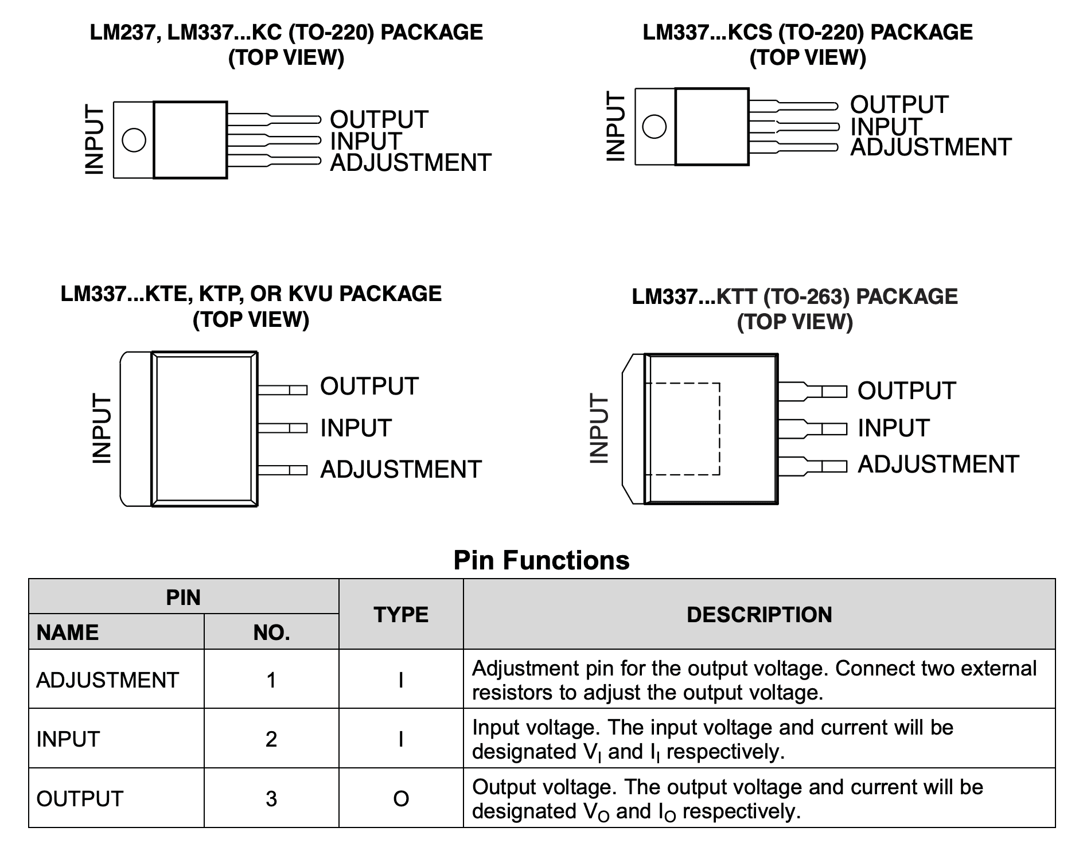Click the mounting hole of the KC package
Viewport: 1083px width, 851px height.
(x=134, y=140)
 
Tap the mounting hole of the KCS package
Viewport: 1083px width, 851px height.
(x=655, y=126)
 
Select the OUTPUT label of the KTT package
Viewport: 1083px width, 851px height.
(x=906, y=391)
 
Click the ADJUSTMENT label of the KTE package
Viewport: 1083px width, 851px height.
(x=400, y=470)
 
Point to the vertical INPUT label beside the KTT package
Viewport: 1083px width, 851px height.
(x=599, y=428)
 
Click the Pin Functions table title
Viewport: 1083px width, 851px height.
(x=541, y=560)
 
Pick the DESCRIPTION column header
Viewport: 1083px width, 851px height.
(x=759, y=615)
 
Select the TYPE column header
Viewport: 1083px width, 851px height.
(x=401, y=615)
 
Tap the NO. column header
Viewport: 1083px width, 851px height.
(x=271, y=633)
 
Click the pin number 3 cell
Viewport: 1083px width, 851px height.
(x=271, y=798)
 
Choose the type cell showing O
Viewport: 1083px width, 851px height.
(x=401, y=798)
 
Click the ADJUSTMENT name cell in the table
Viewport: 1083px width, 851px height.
(x=108, y=680)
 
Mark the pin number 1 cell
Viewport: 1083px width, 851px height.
(x=271, y=680)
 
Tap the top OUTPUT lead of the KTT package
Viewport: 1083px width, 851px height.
(x=812, y=392)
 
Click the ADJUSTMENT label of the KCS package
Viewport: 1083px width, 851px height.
(x=930, y=148)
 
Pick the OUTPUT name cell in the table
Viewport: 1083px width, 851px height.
(x=80, y=798)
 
